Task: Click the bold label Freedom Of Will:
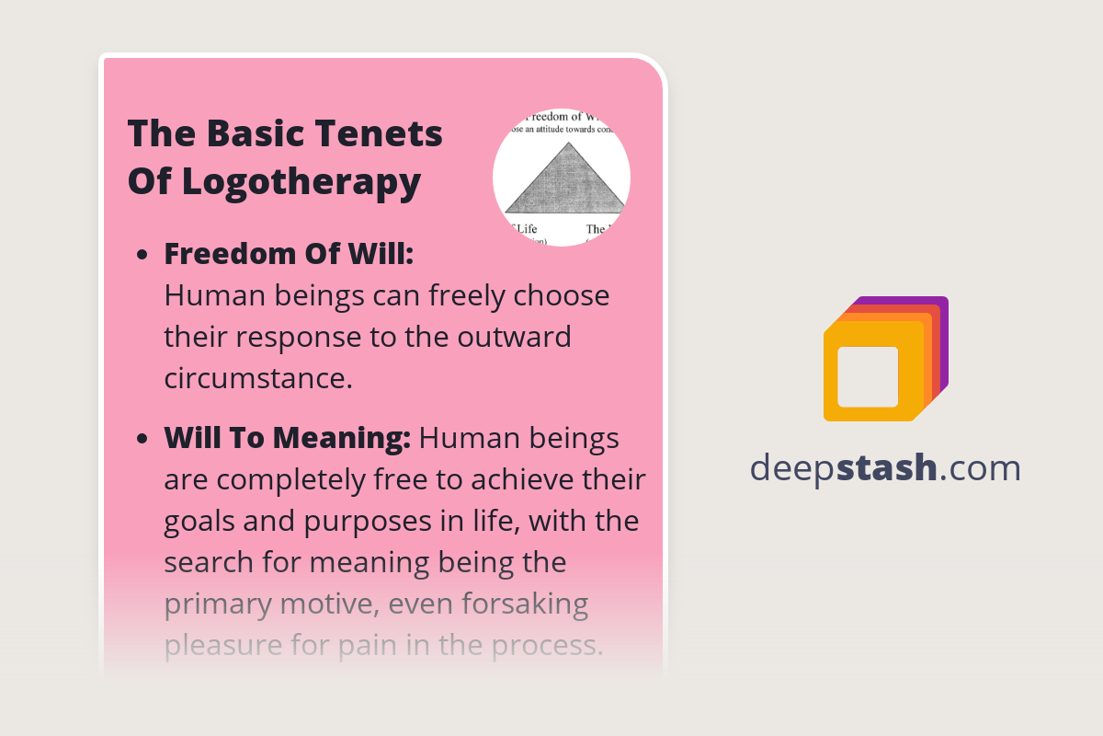coord(289,254)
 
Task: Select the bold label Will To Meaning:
coord(287,439)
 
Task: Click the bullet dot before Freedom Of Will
coord(142,256)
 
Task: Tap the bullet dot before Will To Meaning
coord(142,441)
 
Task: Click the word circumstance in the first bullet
coord(258,378)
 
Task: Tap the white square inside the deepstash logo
coord(868,376)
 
